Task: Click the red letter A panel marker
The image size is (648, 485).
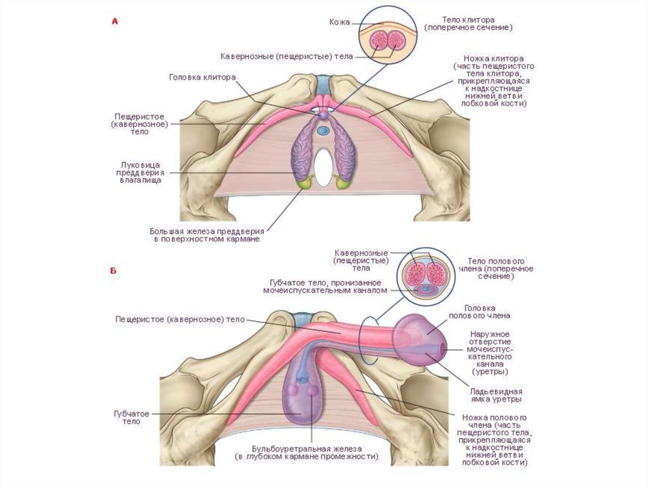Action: [x=115, y=21]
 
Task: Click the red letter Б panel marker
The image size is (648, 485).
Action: [x=114, y=271]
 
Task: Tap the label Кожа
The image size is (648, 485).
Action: [x=339, y=22]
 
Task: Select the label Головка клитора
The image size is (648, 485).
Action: [x=202, y=78]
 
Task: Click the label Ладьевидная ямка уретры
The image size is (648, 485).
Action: [x=496, y=395]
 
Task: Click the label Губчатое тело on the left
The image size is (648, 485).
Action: [x=132, y=417]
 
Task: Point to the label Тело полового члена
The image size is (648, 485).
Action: [x=501, y=268]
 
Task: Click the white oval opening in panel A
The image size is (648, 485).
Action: [x=323, y=166]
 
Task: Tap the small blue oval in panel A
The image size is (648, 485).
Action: [x=323, y=131]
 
